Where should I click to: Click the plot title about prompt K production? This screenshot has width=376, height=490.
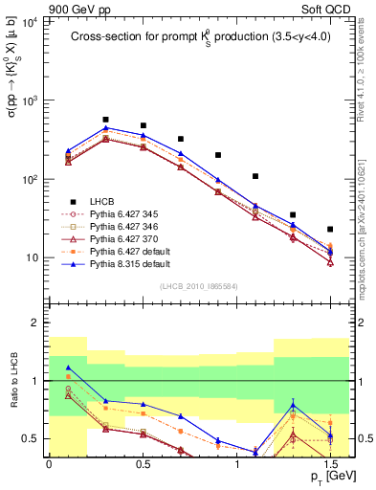tap(199, 37)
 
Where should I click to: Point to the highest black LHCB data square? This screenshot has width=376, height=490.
tap(105, 120)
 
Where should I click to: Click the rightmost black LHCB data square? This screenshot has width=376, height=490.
tap(330, 230)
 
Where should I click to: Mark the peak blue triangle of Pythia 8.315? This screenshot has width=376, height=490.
tap(105, 127)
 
